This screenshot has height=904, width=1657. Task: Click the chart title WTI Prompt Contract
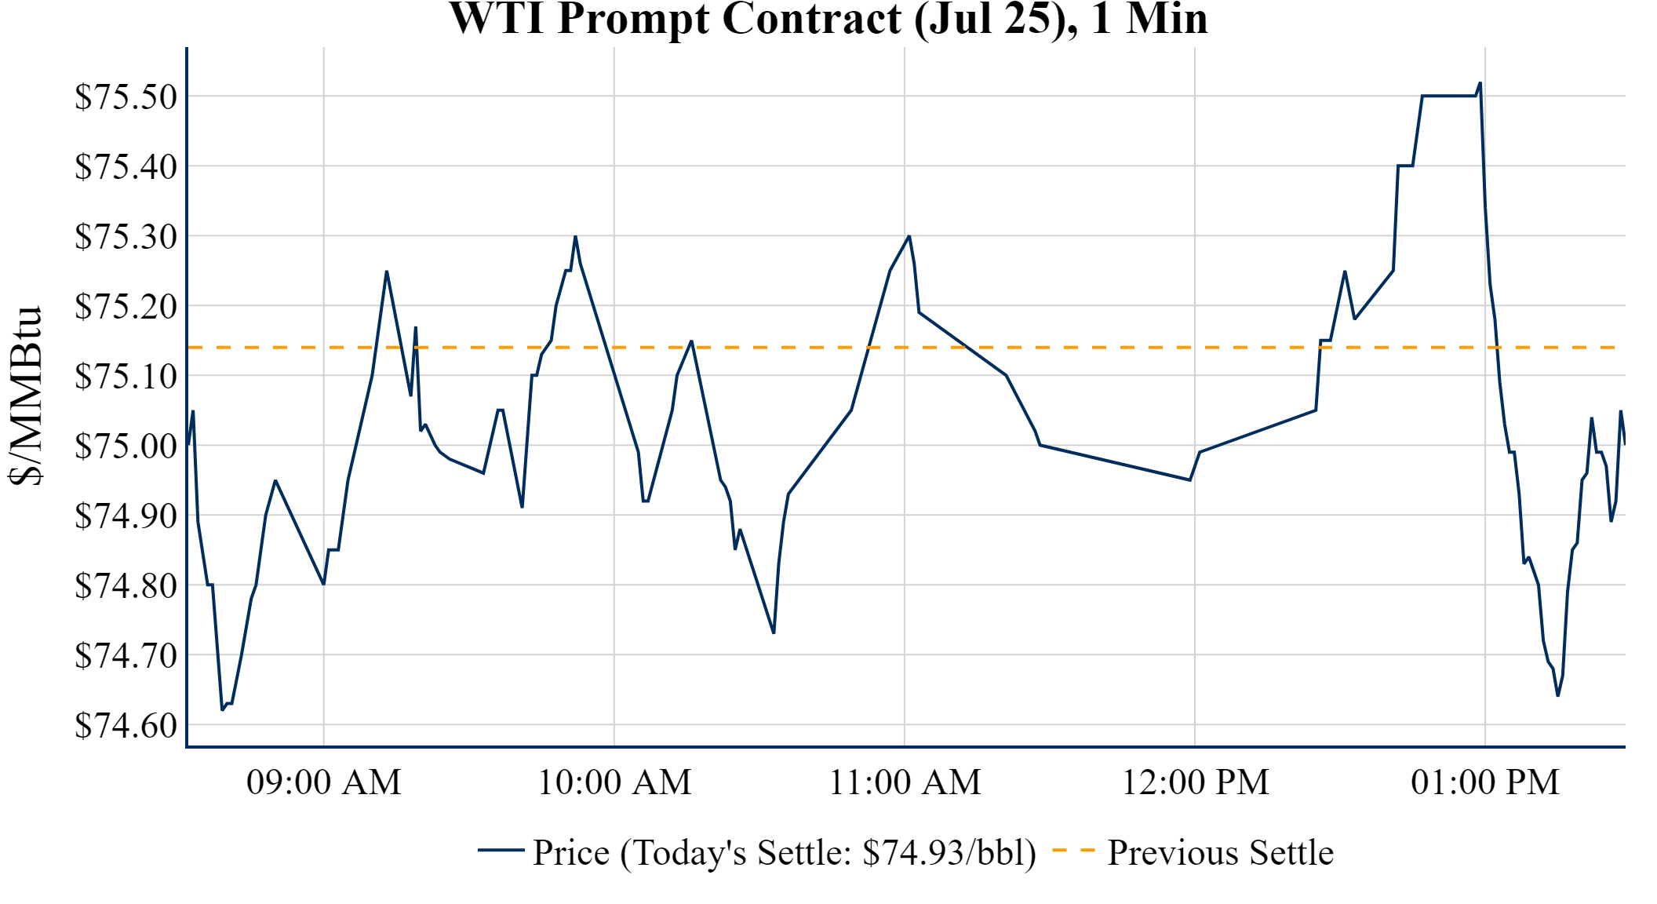828,19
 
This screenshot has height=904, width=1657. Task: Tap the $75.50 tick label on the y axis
126,97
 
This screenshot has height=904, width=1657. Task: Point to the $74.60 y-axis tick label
126,725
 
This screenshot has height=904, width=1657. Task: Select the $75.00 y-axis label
126,446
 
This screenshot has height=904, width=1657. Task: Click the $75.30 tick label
126,236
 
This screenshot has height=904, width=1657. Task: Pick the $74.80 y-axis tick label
126,585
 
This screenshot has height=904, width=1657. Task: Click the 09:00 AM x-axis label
323,782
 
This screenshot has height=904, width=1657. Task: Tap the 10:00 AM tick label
614,782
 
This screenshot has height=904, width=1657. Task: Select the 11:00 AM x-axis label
905,782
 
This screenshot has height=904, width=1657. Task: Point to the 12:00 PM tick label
1195,782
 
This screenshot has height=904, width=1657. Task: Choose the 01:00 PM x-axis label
1485,782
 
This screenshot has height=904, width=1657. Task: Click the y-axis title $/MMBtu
26,396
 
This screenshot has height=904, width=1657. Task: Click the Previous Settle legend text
1220,852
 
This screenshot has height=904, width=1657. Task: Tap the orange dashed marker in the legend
1072,850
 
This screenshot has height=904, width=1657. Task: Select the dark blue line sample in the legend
501,850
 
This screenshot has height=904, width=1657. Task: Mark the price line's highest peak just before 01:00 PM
1480,83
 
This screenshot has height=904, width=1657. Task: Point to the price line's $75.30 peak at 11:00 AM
909,236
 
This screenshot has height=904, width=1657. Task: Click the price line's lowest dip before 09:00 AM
223,709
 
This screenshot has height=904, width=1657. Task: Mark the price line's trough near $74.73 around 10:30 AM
774,632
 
